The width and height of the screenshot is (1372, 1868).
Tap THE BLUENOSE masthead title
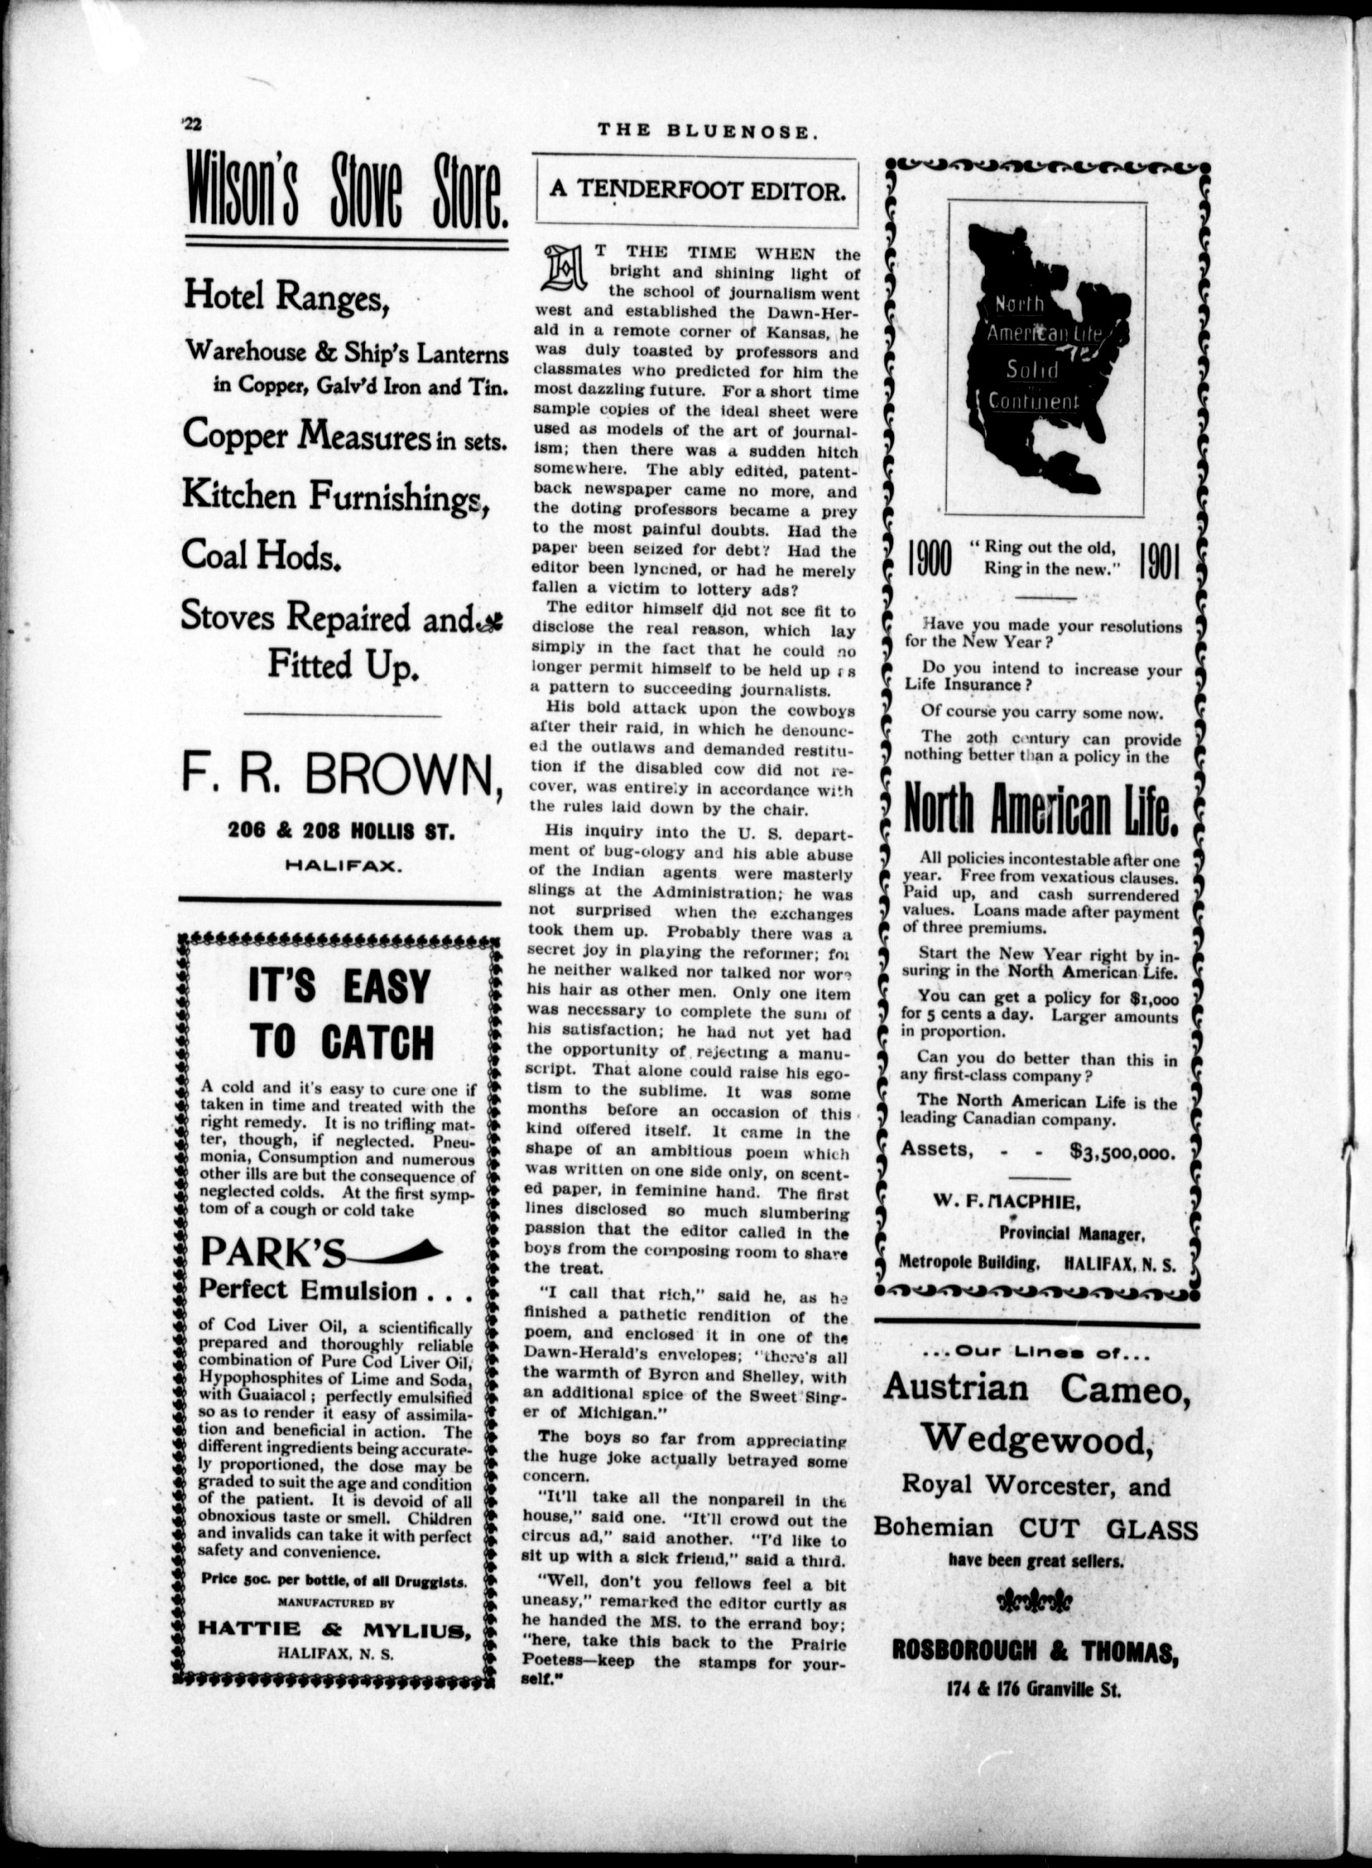click(703, 129)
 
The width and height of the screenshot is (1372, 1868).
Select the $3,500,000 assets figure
click(1122, 1151)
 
